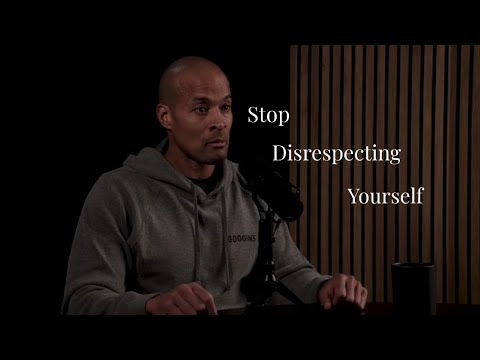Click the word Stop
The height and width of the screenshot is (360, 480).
tap(268, 115)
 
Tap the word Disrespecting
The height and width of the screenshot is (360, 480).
tap(337, 155)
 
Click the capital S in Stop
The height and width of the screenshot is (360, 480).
tap(252, 115)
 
